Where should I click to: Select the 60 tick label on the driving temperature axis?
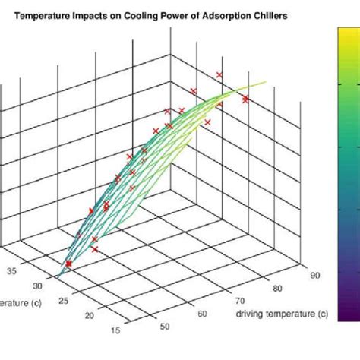point(202,314)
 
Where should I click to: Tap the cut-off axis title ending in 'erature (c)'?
point(21,304)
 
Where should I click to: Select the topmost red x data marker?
point(219,74)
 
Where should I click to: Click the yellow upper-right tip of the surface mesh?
point(265,82)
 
